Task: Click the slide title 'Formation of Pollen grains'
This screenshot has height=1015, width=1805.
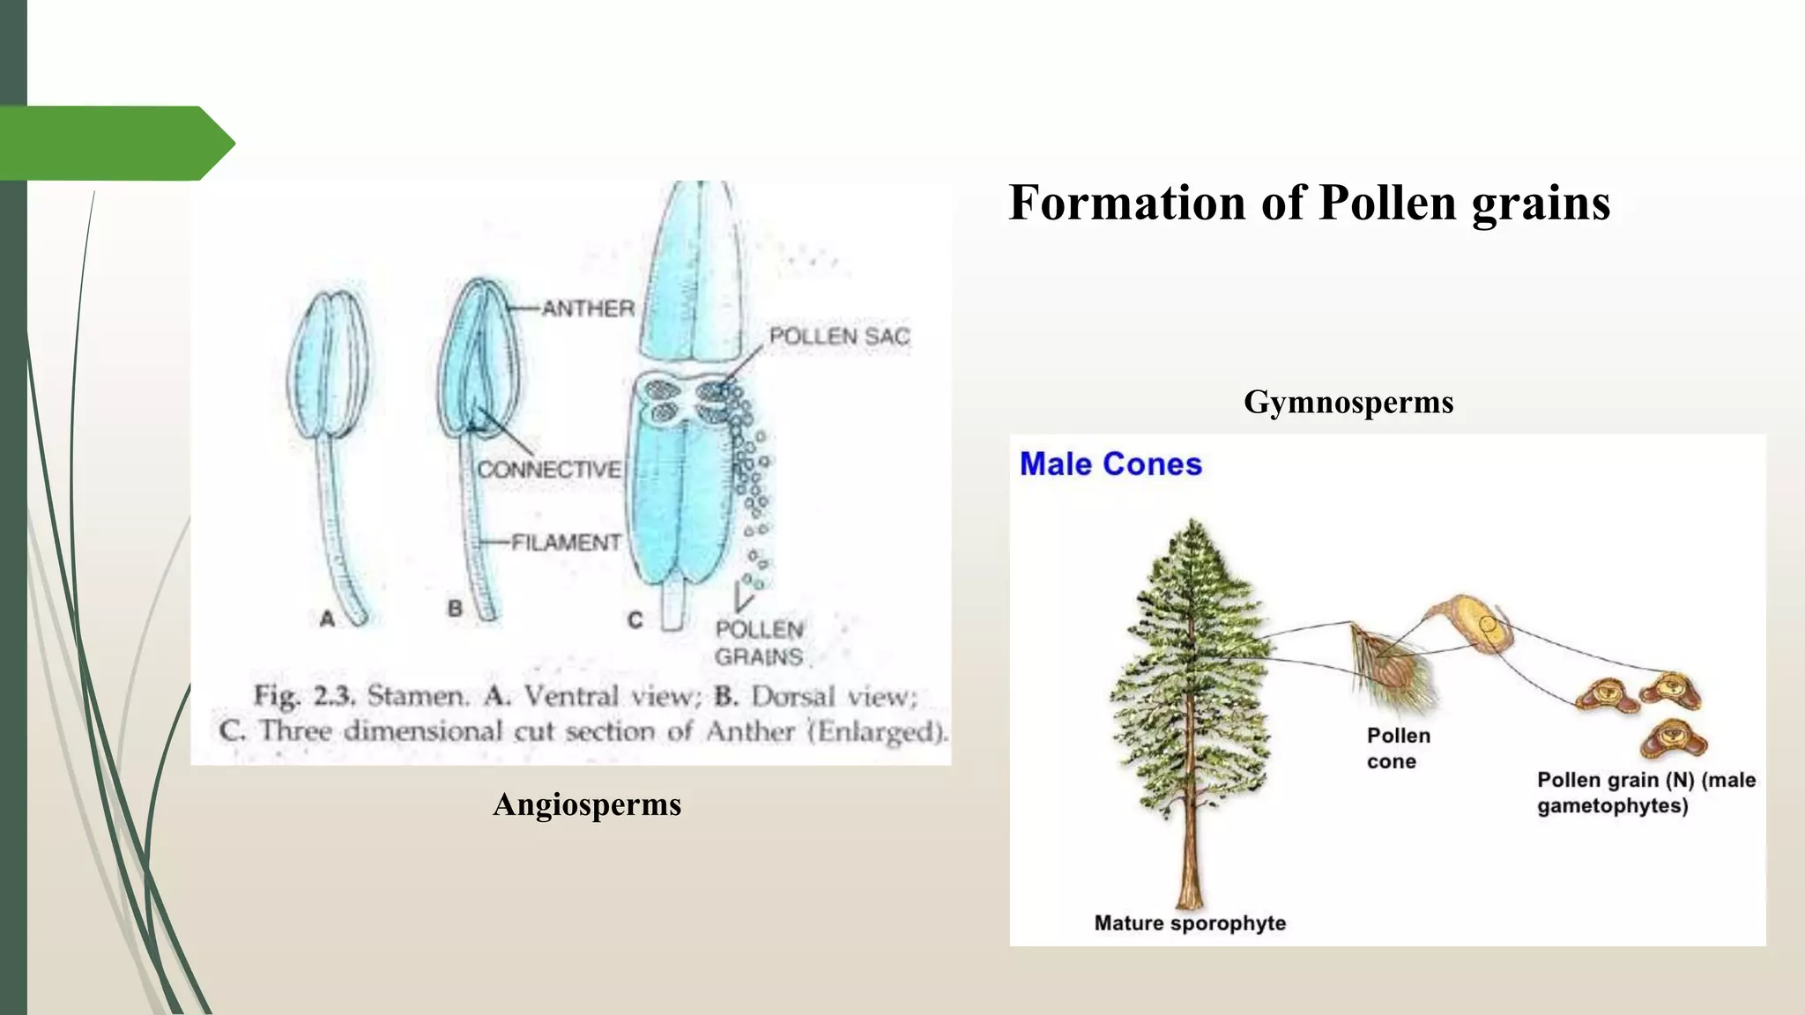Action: click(1309, 203)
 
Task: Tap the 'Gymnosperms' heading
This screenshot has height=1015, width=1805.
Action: click(1348, 402)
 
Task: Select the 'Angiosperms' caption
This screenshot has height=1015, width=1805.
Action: click(587, 804)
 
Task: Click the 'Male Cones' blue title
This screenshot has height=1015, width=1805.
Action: click(1110, 464)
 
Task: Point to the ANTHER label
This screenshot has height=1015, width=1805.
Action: click(588, 308)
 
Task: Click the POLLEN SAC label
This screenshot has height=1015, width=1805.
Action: click(839, 336)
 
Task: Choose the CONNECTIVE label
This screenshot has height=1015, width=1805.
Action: click(549, 470)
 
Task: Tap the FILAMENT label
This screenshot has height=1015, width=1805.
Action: click(566, 542)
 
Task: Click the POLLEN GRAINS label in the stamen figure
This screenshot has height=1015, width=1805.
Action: click(759, 643)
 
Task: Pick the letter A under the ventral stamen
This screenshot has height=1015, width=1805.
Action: click(327, 619)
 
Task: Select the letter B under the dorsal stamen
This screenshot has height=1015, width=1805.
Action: click(455, 608)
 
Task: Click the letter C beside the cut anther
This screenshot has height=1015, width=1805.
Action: click(635, 620)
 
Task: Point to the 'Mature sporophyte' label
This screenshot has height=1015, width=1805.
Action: click(1190, 922)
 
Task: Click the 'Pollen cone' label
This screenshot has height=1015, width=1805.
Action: click(1398, 748)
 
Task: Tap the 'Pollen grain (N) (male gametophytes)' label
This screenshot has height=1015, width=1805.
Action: click(1645, 792)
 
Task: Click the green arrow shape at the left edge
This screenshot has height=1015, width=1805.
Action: click(115, 143)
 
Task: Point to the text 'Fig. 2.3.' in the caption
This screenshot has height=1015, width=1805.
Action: click(304, 696)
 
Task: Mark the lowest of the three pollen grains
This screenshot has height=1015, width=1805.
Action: click(1672, 738)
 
